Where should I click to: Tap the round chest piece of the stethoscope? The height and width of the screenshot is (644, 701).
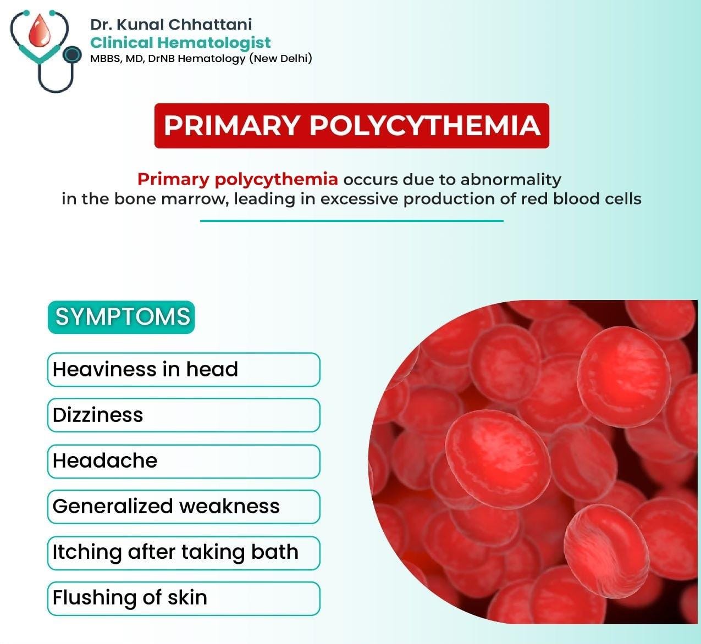(72, 55)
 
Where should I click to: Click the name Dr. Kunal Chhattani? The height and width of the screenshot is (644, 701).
(171, 24)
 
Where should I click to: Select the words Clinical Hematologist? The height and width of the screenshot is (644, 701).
(180, 43)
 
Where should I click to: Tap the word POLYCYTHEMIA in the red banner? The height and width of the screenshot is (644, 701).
(425, 125)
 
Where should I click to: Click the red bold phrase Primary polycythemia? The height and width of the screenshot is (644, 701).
(238, 180)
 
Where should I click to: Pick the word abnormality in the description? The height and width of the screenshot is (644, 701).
(511, 180)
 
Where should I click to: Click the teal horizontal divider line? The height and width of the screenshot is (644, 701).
(351, 221)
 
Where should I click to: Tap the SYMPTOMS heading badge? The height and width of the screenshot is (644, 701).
(122, 317)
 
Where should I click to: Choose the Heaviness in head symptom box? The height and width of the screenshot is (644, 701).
(184, 369)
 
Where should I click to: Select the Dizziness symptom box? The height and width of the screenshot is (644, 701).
(184, 415)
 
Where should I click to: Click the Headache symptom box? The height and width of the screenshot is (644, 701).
(184, 461)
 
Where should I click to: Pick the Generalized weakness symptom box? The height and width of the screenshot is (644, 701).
(184, 507)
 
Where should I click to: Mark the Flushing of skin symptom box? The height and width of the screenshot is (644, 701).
(184, 598)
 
